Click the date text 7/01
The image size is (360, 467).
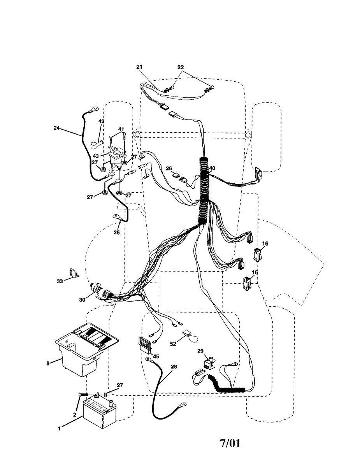click(230, 443)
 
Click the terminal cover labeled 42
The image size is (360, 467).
click(95, 146)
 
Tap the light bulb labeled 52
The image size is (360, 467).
click(190, 335)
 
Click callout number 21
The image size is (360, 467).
click(140, 67)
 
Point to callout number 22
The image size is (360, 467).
click(180, 67)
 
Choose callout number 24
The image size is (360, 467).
click(57, 127)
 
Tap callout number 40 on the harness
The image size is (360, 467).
click(212, 169)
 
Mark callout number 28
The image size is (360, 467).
click(174, 367)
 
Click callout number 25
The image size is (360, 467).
click(117, 233)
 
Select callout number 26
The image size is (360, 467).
click(169, 168)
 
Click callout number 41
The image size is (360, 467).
click(121, 129)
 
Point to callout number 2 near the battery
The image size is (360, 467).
click(75, 415)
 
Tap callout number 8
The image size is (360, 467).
click(48, 363)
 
